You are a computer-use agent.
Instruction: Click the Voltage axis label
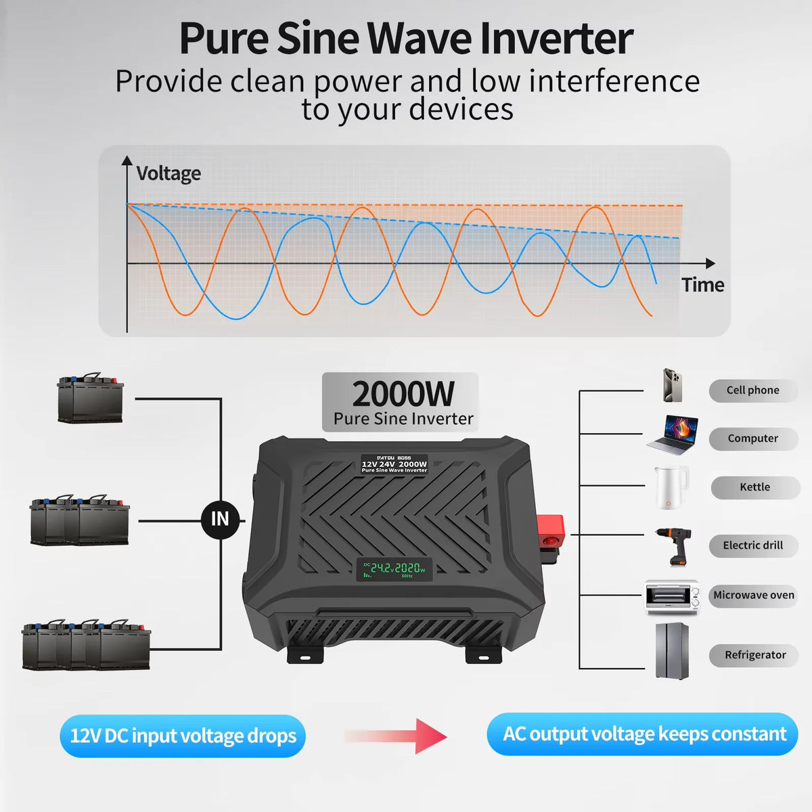(x=168, y=174)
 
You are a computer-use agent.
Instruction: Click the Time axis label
(x=702, y=285)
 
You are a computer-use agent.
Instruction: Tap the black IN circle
(x=220, y=519)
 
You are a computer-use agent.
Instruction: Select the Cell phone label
(x=752, y=390)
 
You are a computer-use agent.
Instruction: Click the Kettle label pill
(x=754, y=487)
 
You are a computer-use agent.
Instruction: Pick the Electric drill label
(x=752, y=545)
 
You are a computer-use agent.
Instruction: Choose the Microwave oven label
(x=753, y=595)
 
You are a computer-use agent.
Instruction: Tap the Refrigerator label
(x=754, y=655)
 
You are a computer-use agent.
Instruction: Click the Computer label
(x=752, y=438)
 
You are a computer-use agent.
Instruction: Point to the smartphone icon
(x=672, y=386)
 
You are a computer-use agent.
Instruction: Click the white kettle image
(x=671, y=487)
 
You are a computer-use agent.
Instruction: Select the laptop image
(x=672, y=435)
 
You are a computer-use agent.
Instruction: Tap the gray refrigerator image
(x=672, y=651)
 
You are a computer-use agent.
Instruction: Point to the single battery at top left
(x=91, y=399)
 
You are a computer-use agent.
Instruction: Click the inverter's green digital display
(x=394, y=569)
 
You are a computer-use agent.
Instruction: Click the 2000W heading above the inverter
(x=403, y=394)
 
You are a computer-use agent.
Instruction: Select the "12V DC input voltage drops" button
(x=183, y=736)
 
